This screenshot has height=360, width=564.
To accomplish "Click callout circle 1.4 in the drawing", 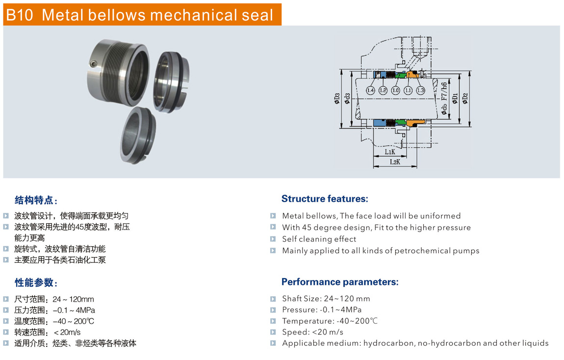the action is click(370, 90).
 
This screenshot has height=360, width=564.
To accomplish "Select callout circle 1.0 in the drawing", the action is click(396, 90).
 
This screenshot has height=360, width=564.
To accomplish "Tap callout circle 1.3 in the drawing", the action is click(420, 90).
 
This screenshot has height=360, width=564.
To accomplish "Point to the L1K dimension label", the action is click(390, 152).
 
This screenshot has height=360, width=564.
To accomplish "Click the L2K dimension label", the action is click(395, 162).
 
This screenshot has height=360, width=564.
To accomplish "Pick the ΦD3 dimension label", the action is click(337, 99).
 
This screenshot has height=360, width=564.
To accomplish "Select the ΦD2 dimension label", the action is click(465, 99).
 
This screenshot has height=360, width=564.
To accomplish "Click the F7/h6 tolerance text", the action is click(444, 91).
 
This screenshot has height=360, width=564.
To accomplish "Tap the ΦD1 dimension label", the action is click(455, 99).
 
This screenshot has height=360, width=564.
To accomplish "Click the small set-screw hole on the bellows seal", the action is click(94, 64).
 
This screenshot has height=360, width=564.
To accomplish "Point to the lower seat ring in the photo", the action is click(138, 135).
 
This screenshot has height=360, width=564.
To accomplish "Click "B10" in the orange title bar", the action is click(20, 15).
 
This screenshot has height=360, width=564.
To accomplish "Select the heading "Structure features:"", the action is click(325, 199).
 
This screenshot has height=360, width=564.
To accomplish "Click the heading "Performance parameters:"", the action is click(340, 282).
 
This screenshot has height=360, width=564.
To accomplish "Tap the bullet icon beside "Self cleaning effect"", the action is click(273, 239).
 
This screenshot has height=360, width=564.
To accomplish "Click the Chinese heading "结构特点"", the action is click(34, 200).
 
